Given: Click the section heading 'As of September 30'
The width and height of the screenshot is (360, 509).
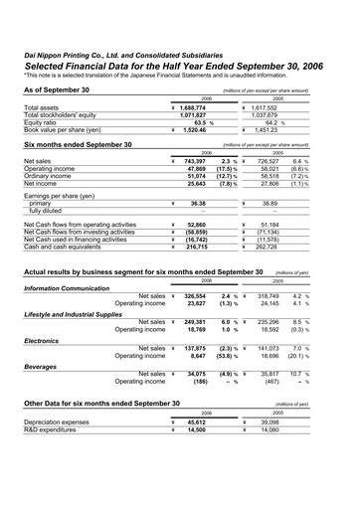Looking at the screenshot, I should click(x=57, y=89).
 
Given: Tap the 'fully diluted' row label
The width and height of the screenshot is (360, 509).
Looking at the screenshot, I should click(x=51, y=211).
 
